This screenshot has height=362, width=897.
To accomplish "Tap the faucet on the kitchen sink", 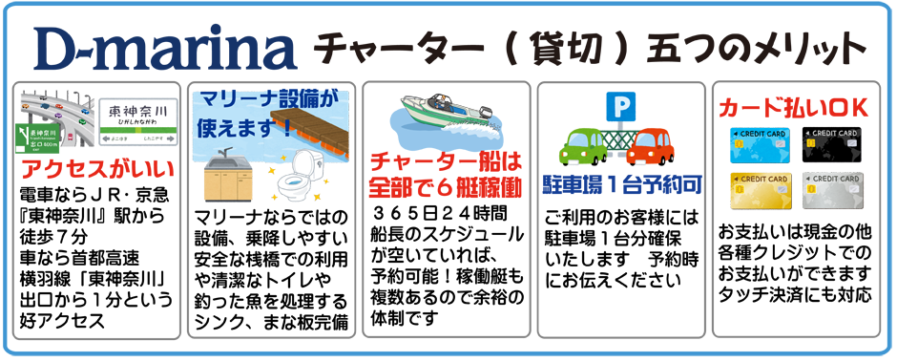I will pyautogui.click(x=220, y=156).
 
